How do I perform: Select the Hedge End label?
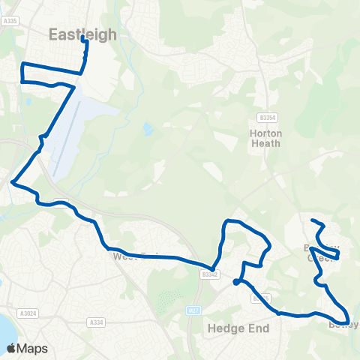[232, 328]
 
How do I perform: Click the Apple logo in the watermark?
[11, 348]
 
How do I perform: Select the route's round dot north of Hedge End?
[236, 282]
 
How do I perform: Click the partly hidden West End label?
[124, 256]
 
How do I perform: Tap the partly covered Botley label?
[343, 325]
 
